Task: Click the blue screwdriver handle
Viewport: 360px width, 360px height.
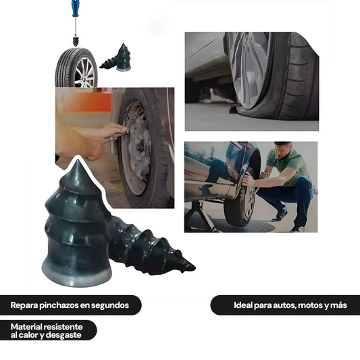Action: click(x=75, y=8)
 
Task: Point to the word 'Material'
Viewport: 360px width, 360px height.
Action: click(x=26, y=327)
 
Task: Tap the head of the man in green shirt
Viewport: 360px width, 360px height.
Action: click(x=284, y=149)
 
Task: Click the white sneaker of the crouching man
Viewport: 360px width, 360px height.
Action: click(x=298, y=229)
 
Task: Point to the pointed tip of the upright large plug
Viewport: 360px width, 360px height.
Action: click(x=78, y=160)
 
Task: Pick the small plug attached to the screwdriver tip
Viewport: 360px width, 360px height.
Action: click(x=75, y=41)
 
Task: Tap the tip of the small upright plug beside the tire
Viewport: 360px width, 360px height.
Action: click(x=124, y=44)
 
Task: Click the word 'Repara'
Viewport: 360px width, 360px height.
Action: click(x=24, y=305)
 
